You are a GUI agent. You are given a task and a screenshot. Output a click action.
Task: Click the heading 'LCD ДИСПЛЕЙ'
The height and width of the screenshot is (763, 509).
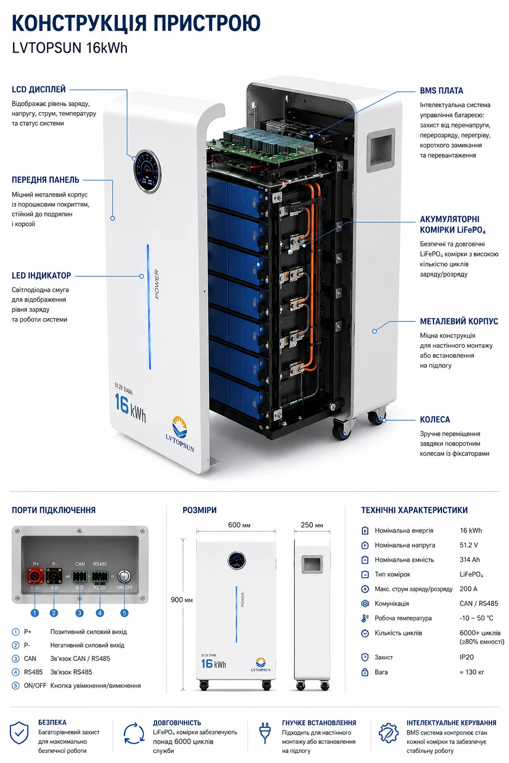[x=39, y=89]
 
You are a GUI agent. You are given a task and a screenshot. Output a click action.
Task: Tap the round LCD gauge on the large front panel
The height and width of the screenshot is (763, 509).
[x=147, y=171]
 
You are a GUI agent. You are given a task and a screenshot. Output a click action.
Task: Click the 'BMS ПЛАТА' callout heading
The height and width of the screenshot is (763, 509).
[x=441, y=91]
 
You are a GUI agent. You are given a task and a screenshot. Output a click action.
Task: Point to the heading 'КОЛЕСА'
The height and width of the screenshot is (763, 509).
[x=434, y=419]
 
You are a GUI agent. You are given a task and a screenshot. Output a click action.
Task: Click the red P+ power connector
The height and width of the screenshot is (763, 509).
[x=36, y=576]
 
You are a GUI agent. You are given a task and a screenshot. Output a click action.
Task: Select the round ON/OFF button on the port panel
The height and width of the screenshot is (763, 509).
[x=124, y=576]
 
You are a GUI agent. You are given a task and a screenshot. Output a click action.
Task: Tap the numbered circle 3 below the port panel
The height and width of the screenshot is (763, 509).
[x=80, y=613]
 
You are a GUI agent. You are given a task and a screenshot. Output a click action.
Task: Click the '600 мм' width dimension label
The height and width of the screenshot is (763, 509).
[x=239, y=525]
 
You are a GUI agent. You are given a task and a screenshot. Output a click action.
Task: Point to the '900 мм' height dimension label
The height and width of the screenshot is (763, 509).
[x=181, y=600]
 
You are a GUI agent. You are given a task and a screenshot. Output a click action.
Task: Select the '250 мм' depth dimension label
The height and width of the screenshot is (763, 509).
[x=312, y=525]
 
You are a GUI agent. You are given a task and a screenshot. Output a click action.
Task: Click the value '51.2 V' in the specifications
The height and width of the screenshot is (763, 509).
[x=468, y=545]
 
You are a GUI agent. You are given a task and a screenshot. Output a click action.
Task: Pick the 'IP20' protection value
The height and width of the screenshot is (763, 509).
[x=466, y=657]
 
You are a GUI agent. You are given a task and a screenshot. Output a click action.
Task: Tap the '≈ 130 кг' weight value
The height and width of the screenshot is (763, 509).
[x=472, y=672]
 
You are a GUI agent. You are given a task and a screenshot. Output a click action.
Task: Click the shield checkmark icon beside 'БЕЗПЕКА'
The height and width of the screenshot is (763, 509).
[x=19, y=732]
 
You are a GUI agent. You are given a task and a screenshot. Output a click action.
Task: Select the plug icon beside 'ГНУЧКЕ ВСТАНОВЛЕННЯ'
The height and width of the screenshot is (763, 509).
[x=265, y=733]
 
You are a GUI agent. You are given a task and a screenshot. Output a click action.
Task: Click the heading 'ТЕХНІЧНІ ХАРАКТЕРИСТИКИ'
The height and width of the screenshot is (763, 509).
[x=414, y=510]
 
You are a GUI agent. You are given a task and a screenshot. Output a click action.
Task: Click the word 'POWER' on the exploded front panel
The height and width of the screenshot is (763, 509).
[x=157, y=284]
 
